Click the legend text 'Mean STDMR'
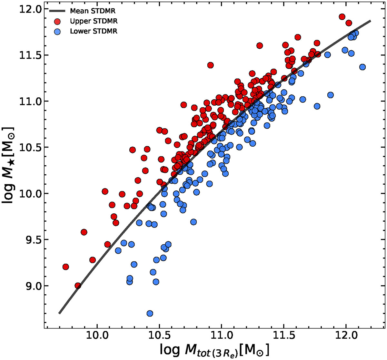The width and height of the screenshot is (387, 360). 93,11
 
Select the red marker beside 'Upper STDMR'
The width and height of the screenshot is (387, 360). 57,21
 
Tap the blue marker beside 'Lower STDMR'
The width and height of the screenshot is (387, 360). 57,31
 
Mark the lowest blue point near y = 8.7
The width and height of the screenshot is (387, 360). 150,313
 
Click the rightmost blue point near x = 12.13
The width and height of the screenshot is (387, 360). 362,67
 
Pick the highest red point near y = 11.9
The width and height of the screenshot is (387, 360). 342,17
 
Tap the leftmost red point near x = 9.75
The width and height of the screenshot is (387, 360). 66,267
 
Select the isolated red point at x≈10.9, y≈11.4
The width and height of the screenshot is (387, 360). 210,65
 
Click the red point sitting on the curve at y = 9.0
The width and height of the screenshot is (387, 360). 78,286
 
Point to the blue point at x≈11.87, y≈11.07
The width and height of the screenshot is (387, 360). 330,95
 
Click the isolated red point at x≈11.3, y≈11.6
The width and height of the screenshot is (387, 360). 259,46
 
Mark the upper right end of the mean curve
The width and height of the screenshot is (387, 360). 371,21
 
